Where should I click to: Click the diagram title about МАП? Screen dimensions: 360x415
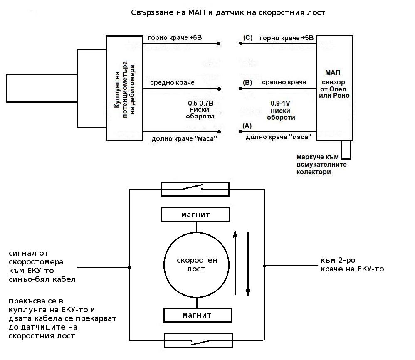(228, 12)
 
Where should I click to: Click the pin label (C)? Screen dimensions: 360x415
(248, 38)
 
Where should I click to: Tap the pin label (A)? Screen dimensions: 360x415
(247, 126)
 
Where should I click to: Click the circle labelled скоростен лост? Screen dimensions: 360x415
(197, 264)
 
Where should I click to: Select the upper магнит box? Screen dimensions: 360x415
(195, 215)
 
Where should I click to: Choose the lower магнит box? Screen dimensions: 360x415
(197, 315)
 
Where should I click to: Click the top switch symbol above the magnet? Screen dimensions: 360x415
(195, 189)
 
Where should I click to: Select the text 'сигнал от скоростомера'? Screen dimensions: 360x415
(36, 257)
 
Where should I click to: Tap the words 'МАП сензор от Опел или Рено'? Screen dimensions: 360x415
(335, 84)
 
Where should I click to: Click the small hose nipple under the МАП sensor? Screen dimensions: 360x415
(346, 149)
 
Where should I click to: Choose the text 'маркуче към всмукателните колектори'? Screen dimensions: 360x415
(321, 165)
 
